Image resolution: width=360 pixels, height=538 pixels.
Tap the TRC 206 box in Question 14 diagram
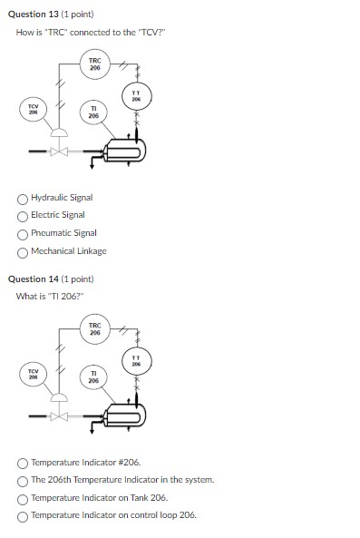pos(95,328)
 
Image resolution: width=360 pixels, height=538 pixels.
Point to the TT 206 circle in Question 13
pos(136,95)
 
